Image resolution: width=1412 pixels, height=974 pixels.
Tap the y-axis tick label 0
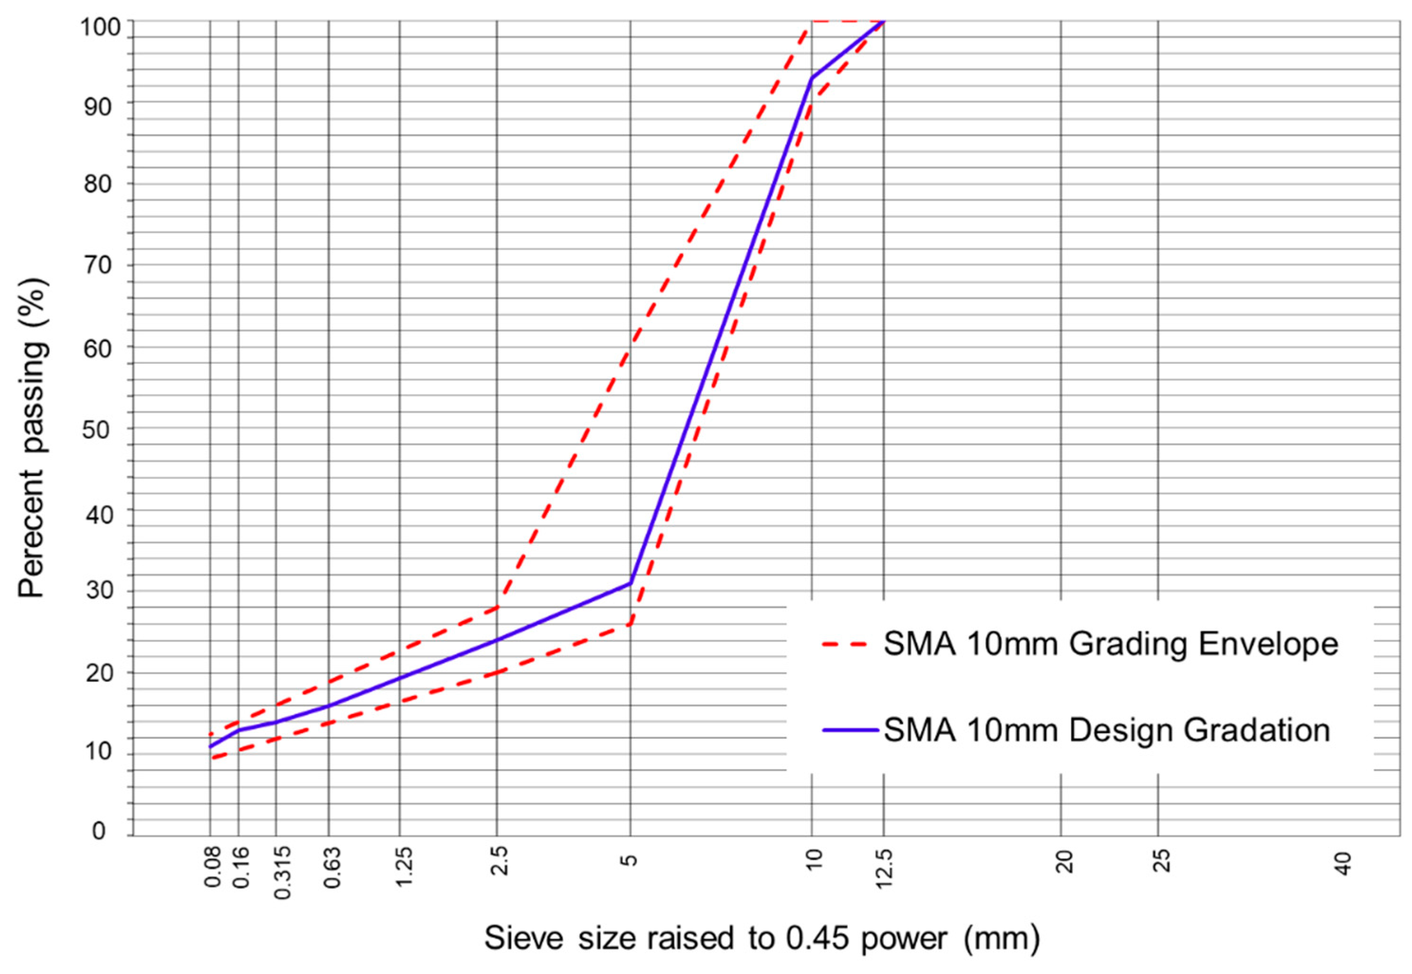click(x=99, y=831)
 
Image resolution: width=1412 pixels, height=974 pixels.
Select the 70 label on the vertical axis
click(x=98, y=266)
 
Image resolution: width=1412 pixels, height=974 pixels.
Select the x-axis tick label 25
click(x=1163, y=861)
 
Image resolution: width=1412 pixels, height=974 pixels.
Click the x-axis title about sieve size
click(x=762, y=938)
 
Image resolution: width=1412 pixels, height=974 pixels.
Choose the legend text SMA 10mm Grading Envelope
click(x=1111, y=644)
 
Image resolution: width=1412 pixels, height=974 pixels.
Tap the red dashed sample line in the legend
click(x=845, y=644)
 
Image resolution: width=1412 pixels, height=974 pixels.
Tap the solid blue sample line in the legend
click(x=851, y=730)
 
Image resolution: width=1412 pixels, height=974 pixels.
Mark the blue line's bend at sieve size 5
click(x=631, y=583)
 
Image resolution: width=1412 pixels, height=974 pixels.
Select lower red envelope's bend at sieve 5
click(x=631, y=624)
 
